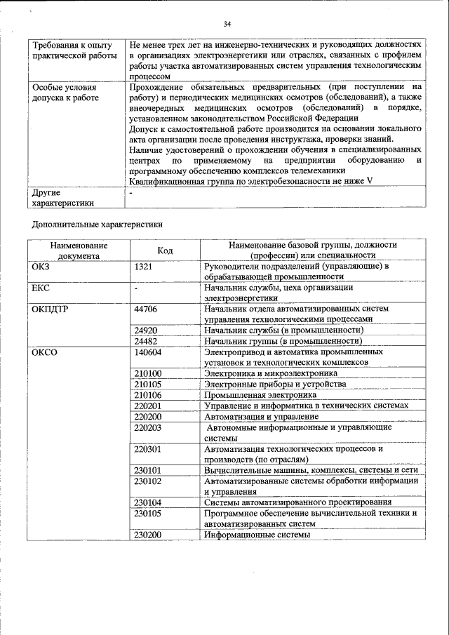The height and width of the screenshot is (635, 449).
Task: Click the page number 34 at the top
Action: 227,24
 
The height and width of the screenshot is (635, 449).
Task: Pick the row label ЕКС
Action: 41,288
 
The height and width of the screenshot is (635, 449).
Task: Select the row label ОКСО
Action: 44,352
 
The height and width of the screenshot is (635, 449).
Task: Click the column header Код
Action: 165,250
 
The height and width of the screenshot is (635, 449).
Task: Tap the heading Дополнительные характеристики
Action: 98,225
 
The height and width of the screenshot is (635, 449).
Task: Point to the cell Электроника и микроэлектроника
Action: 271,373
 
